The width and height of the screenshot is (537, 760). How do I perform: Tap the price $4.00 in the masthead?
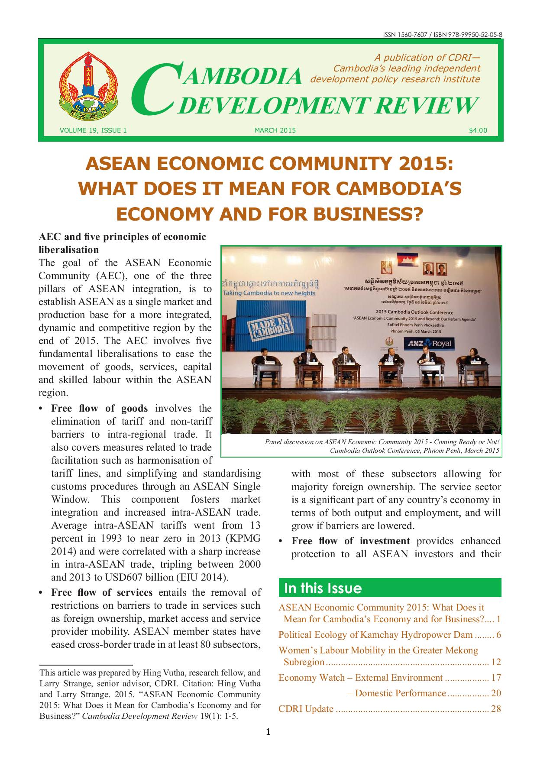[478, 130]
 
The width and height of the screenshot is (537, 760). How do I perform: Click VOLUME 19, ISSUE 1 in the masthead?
[93, 130]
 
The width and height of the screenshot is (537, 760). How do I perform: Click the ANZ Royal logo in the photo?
[429, 344]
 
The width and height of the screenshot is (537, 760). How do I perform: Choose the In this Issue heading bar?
[390, 588]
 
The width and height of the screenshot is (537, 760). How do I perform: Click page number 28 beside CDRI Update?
[496, 709]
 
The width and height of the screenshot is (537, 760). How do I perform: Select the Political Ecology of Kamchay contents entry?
[375, 635]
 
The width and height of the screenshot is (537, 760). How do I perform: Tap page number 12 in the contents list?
[496, 662]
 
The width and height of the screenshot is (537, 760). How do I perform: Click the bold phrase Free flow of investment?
[351, 541]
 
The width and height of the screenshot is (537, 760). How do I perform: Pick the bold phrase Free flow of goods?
[100, 408]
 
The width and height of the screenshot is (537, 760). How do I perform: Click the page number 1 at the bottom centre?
[268, 733]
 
